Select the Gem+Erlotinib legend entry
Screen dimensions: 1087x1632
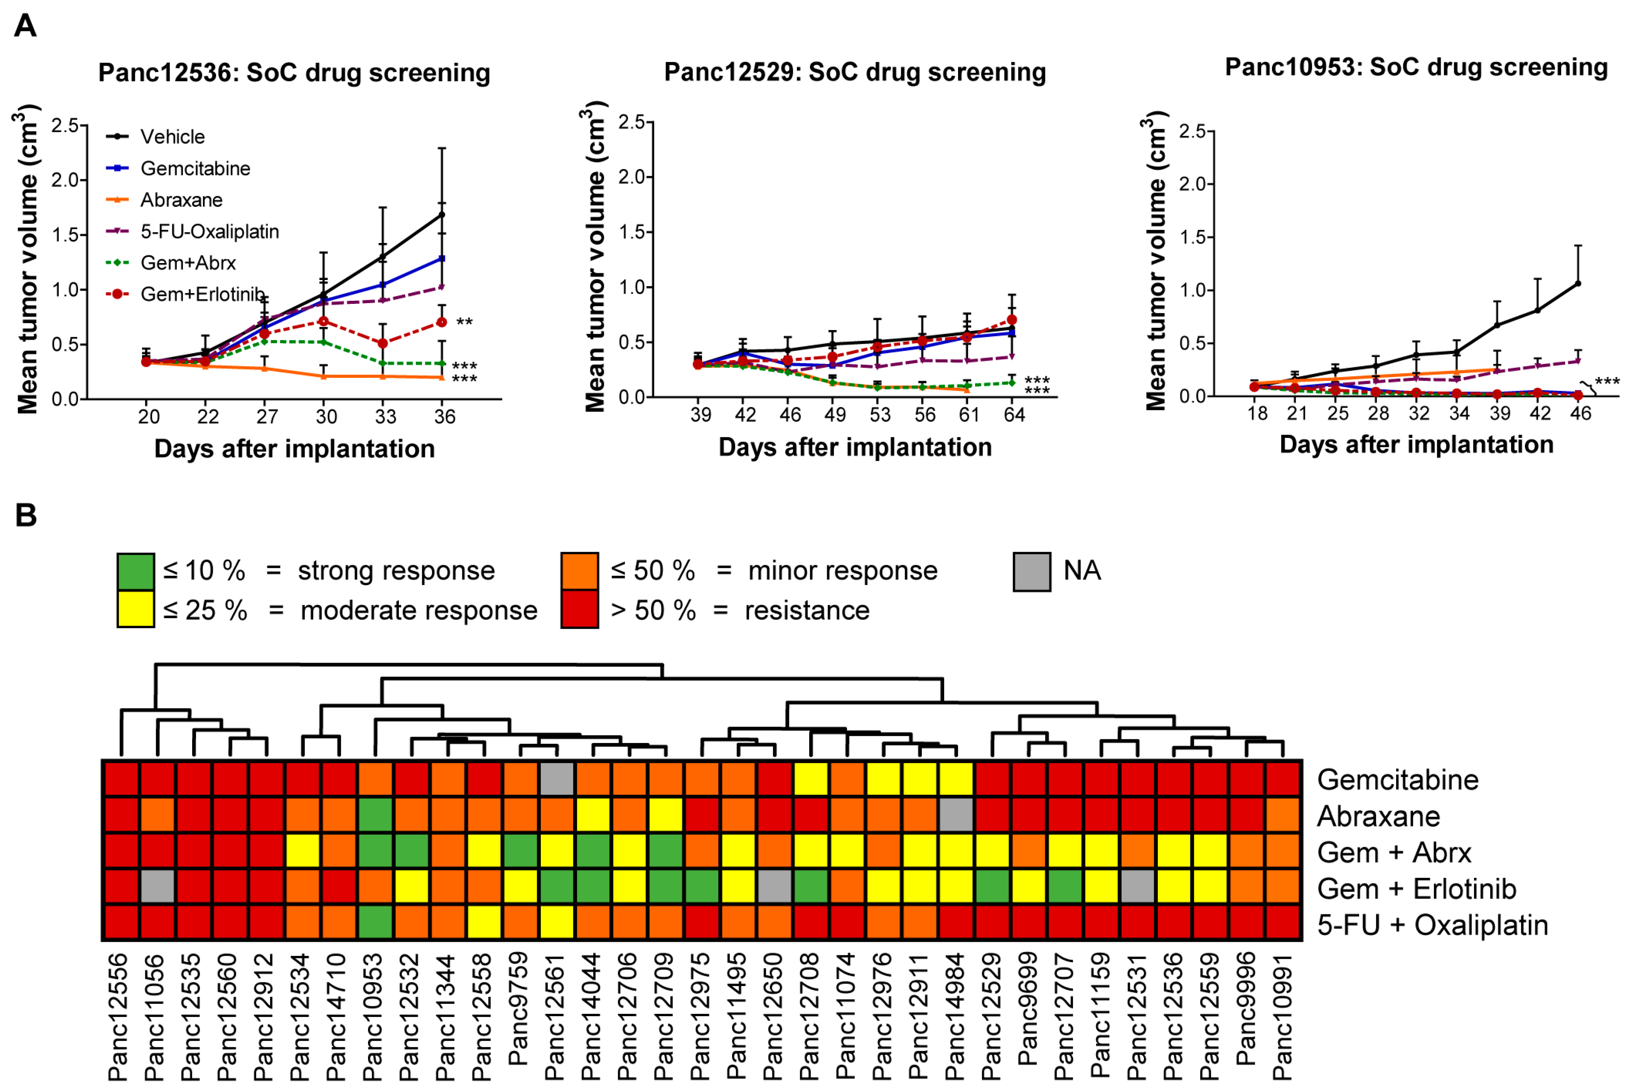(x=202, y=294)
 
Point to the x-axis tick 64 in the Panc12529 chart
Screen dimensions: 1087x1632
(x=1014, y=414)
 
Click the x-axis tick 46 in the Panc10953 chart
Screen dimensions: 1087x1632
(x=1580, y=413)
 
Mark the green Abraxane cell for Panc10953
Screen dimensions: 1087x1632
(x=375, y=816)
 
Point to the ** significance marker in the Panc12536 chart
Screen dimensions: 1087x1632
(x=464, y=322)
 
